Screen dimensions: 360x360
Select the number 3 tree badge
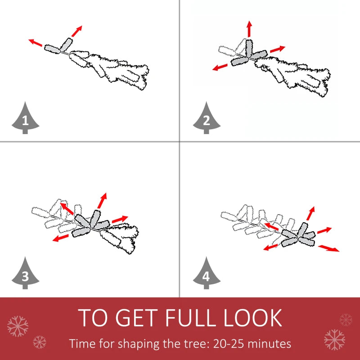click(25, 274)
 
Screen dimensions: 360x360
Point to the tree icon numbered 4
click(207, 274)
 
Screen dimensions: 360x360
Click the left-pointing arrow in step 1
click(36, 43)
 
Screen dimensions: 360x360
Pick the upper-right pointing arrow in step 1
click(76, 31)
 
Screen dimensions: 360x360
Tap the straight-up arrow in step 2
click(249, 28)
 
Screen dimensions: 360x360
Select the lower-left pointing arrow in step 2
click(220, 67)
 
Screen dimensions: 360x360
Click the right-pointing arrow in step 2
click(278, 49)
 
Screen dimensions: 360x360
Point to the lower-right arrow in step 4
click(329, 248)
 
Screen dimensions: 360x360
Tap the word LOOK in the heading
click(253, 318)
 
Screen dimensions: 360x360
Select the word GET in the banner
click(137, 318)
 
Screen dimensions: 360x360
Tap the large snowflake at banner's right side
click(334, 338)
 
